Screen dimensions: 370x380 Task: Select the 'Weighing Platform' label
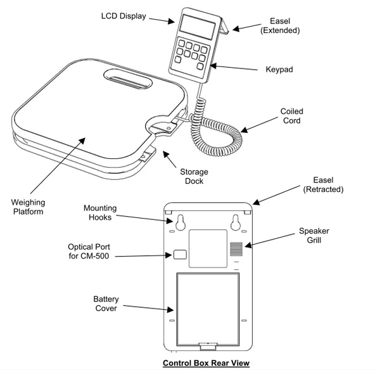[x=27, y=207]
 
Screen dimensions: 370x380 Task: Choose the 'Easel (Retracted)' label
[x=322, y=184]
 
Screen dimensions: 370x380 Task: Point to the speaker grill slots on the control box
[x=236, y=246]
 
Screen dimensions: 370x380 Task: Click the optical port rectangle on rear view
[x=179, y=255]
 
